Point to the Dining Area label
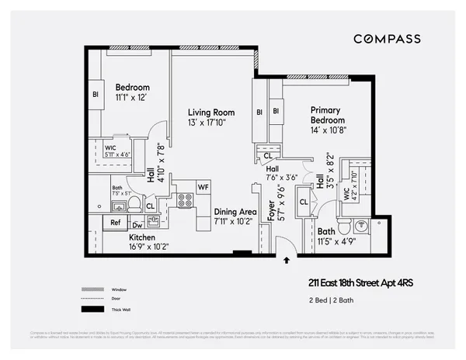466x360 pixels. point(235,212)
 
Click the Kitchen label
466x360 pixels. point(142,237)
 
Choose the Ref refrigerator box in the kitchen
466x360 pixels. point(115,222)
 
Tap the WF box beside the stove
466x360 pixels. point(203,187)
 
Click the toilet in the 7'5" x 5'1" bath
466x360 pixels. point(134,205)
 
